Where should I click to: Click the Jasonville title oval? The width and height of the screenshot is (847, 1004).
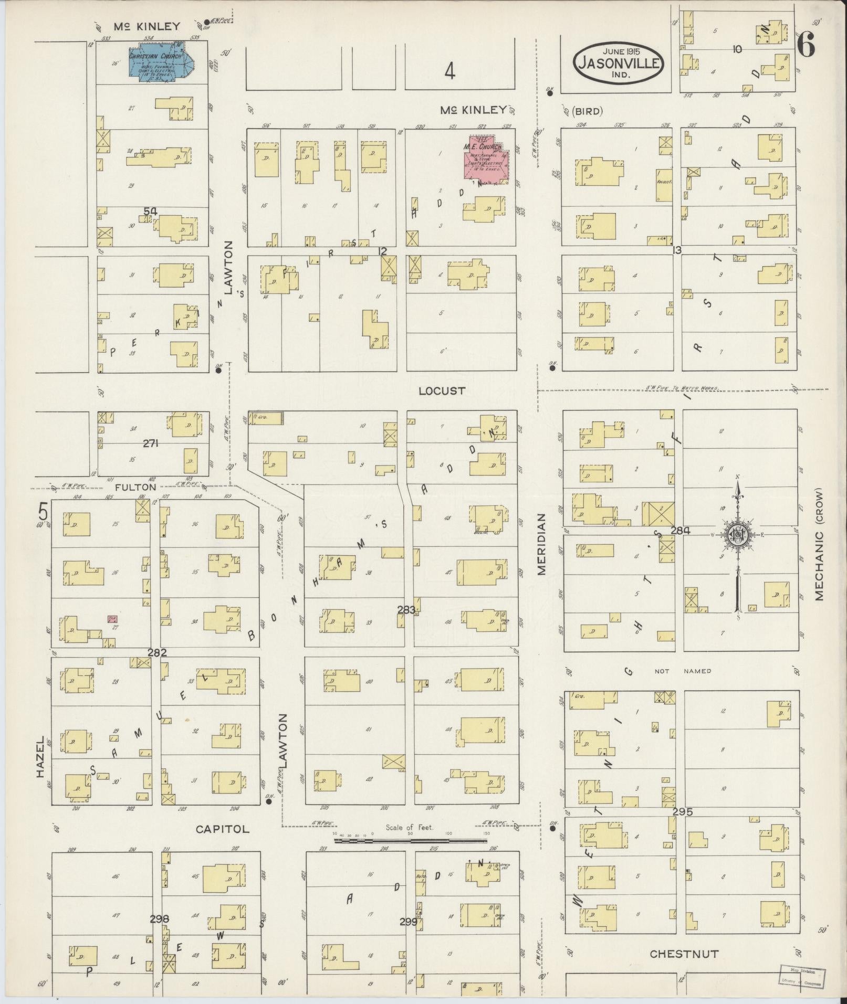click(x=618, y=62)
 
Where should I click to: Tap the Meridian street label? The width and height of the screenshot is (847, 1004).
click(x=542, y=544)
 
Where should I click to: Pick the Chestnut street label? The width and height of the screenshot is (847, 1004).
click(x=684, y=954)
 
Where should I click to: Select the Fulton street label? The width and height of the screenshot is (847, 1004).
click(x=136, y=487)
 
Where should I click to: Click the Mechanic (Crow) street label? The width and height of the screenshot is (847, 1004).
click(x=820, y=545)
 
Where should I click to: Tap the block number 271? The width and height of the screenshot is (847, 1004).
click(x=151, y=443)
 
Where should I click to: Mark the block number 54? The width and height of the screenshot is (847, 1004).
click(x=151, y=211)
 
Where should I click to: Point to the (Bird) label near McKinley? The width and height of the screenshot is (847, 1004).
click(x=587, y=111)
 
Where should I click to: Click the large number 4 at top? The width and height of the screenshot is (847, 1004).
click(x=449, y=70)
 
